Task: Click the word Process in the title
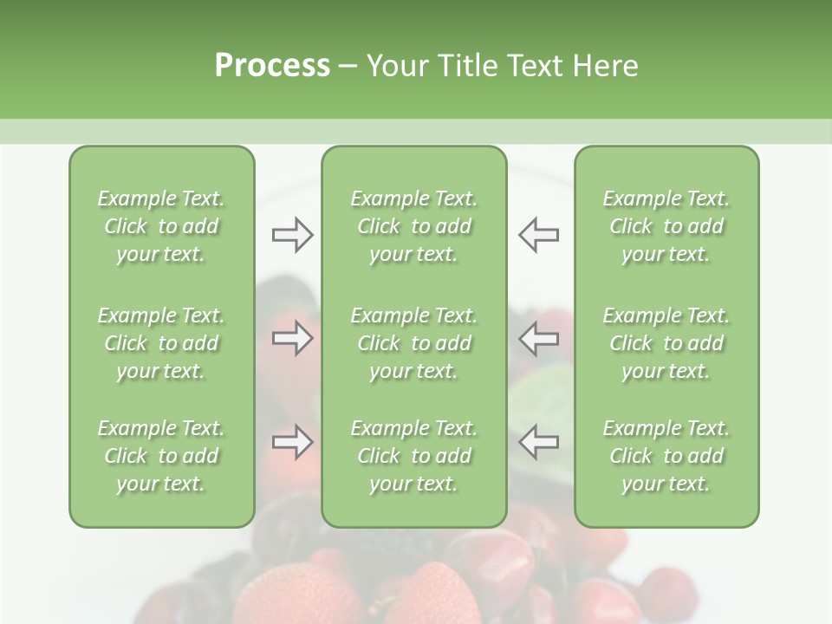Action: point(272,66)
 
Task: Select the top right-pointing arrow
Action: point(292,235)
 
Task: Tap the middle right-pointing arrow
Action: point(292,338)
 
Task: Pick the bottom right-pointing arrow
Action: point(292,442)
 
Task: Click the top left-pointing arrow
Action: point(538,235)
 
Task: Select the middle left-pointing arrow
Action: point(538,338)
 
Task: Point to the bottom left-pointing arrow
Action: point(538,442)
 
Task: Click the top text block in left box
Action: point(161,226)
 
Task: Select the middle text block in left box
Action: point(161,343)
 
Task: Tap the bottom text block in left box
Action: point(161,456)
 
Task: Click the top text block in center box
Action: point(414,226)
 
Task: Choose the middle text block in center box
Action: point(414,343)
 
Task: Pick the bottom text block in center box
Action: point(414,456)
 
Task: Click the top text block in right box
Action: point(666,226)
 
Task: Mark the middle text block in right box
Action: point(666,343)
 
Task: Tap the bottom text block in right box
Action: point(666,456)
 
